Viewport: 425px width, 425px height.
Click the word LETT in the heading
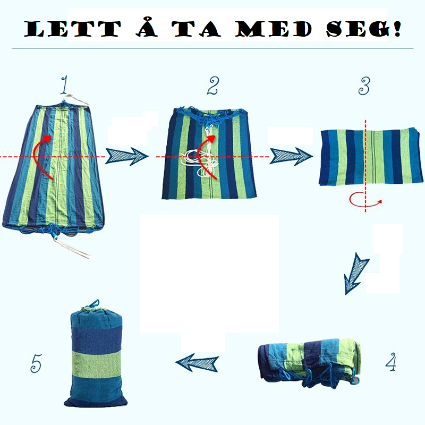pyautogui.click(x=72, y=29)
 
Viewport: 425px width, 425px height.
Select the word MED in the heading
pyautogui.click(x=273, y=29)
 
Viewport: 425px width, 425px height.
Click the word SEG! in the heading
pyautogui.click(x=363, y=29)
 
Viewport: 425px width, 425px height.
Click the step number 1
pyautogui.click(x=64, y=84)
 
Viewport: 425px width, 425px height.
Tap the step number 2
pyautogui.click(x=213, y=86)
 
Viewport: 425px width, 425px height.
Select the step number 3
pyautogui.click(x=364, y=86)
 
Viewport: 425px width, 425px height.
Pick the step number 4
pyautogui.click(x=391, y=362)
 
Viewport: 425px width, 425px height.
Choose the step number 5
pyautogui.click(x=36, y=363)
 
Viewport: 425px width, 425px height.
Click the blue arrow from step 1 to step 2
pyautogui.click(x=127, y=156)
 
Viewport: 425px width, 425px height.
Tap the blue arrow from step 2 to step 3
pyautogui.click(x=291, y=156)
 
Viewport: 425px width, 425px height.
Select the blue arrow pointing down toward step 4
pyautogui.click(x=355, y=274)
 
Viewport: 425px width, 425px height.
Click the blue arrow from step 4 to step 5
pyautogui.click(x=197, y=363)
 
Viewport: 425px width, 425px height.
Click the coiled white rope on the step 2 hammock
pyautogui.click(x=197, y=163)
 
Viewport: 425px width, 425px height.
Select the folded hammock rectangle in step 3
pyautogui.click(x=371, y=157)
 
